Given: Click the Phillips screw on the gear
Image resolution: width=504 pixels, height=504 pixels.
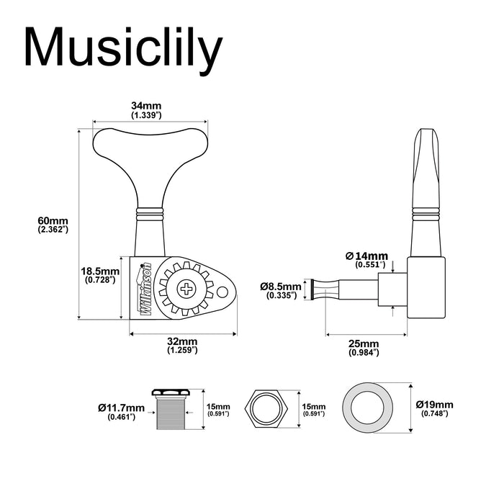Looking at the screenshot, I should coord(188,290).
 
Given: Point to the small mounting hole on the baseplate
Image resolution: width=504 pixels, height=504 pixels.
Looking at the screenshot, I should coord(225,292).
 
